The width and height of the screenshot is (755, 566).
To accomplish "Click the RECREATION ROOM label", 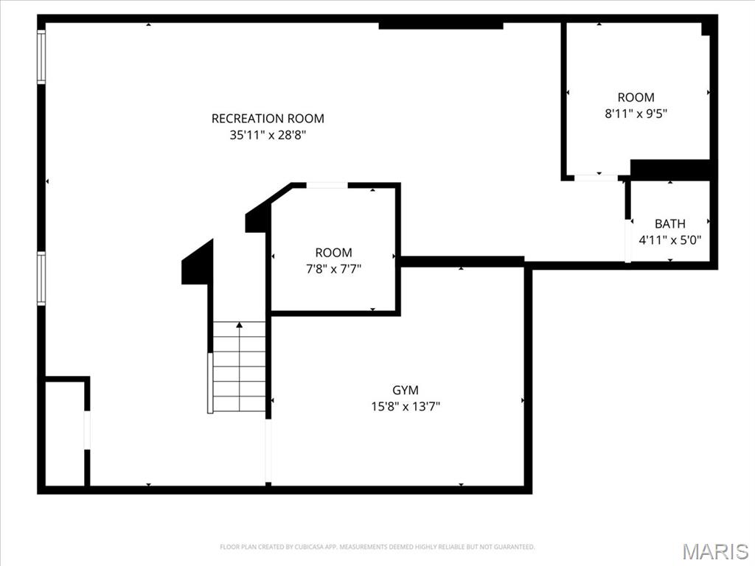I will [x=268, y=118].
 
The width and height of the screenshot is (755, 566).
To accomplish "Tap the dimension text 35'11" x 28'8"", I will [x=268, y=135].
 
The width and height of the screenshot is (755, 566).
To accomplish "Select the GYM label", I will [x=406, y=390].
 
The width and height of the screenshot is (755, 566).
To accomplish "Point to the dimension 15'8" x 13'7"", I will [x=406, y=405].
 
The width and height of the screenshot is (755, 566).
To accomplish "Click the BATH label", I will [x=669, y=223].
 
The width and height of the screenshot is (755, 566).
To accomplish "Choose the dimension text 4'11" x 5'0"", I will [x=669, y=240].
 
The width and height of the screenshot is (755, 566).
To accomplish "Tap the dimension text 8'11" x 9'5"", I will [x=636, y=113].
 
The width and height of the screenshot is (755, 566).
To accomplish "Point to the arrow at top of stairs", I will [x=239, y=324].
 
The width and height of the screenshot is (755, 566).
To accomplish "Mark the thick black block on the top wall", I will [x=441, y=25].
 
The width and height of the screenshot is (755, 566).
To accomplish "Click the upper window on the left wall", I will [x=41, y=57].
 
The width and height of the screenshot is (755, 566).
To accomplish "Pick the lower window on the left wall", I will [x=41, y=278].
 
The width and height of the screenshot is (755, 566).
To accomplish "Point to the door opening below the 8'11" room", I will [x=596, y=178].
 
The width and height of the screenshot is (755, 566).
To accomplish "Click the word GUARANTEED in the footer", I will [x=515, y=547].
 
